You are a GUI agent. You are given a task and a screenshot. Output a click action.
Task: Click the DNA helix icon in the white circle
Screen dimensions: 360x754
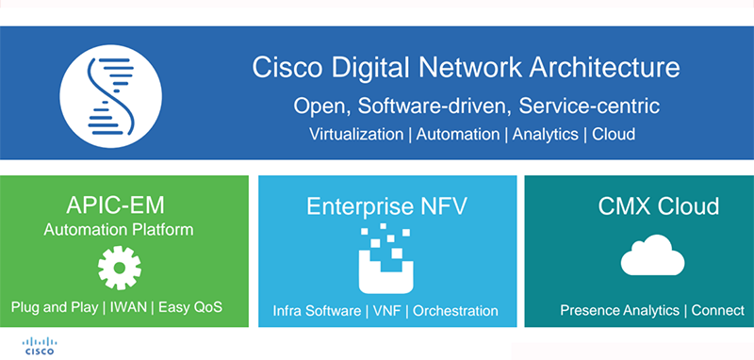[107, 92]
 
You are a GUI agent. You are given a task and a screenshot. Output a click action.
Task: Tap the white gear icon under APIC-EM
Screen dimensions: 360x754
[119, 267]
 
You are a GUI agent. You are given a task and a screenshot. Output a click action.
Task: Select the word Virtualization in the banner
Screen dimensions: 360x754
[356, 134]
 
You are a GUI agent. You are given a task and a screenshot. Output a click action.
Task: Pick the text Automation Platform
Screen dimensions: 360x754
[119, 229]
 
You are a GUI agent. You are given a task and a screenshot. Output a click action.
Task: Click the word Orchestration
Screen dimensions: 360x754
[456, 310]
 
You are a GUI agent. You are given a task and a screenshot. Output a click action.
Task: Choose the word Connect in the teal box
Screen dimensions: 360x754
[721, 310]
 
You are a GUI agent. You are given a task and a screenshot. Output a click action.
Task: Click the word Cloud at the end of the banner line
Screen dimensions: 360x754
[614, 134]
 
